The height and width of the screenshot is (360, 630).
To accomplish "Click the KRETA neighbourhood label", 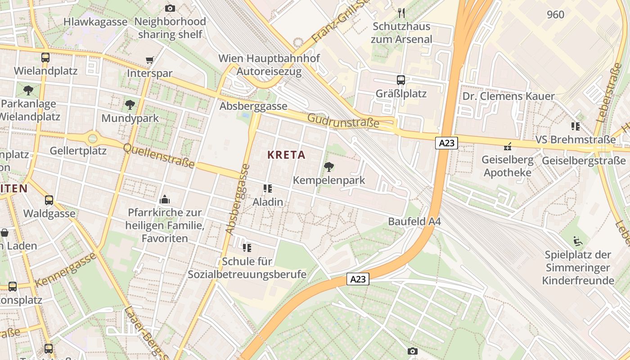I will click(286, 155).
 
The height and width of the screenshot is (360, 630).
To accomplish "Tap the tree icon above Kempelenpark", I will click(329, 167).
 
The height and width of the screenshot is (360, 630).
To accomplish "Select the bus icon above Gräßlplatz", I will click(400, 80).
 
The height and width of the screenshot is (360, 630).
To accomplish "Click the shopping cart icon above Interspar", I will click(149, 60).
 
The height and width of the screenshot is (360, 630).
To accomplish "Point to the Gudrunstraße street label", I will click(343, 121).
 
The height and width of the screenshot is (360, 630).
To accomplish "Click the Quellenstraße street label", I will click(158, 155).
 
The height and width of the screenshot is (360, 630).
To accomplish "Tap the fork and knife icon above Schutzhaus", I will click(401, 13).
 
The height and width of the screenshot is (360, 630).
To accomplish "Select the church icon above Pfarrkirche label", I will click(164, 199).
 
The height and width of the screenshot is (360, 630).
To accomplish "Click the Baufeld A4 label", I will click(414, 221).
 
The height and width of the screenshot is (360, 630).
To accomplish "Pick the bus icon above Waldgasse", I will click(49, 200).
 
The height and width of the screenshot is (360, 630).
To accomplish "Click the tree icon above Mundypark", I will click(130, 105).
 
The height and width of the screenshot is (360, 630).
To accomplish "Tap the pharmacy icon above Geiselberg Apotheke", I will click(508, 146).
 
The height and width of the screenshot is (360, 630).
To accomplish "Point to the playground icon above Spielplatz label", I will click(578, 241).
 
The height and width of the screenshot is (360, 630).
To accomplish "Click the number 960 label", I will click(555, 15).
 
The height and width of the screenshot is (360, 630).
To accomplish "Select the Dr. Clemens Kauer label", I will click(508, 96).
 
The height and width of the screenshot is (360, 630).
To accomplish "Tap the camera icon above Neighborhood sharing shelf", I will click(170, 8).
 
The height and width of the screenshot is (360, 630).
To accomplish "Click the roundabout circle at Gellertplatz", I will click(93, 138).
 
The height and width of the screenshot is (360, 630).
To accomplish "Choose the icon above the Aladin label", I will click(268, 189).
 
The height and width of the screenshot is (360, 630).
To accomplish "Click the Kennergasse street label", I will click(65, 270).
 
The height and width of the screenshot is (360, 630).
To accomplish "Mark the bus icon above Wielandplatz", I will click(45, 58).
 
